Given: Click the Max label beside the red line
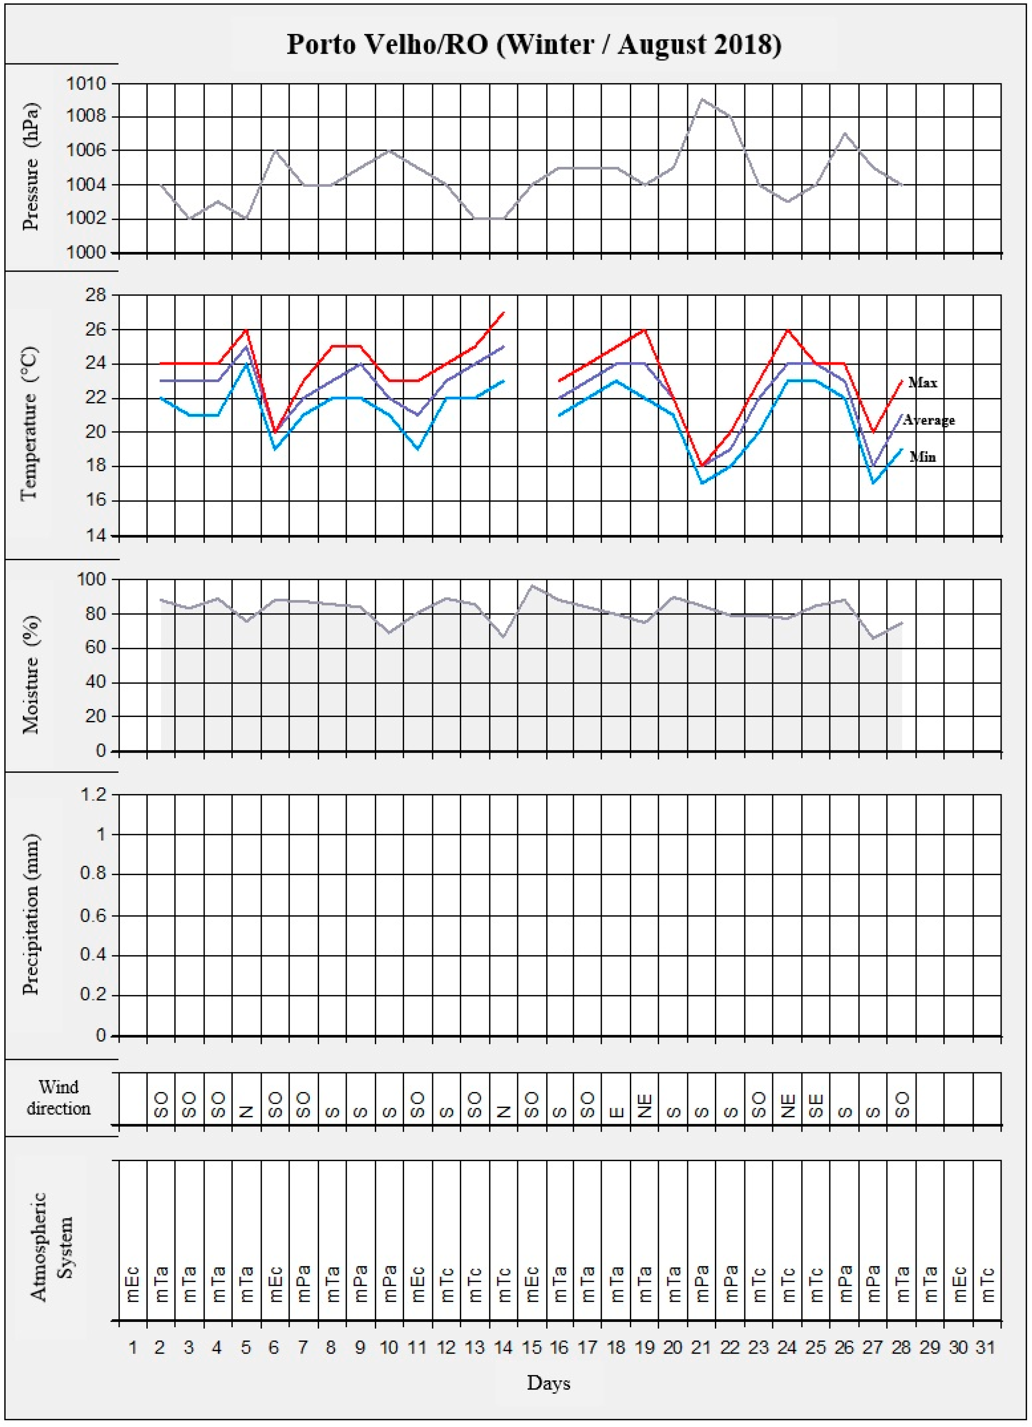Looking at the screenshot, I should (x=923, y=383).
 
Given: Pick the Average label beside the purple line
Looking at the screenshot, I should (x=929, y=420).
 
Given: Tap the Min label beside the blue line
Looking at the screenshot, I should (x=923, y=457).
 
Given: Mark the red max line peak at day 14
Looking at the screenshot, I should (x=503, y=313).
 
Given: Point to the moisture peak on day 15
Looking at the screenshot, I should (x=532, y=586).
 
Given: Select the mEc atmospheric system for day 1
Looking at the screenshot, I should (x=133, y=1284).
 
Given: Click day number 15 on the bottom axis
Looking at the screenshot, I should (x=532, y=1348).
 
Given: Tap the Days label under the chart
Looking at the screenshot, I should (x=549, y=1383).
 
